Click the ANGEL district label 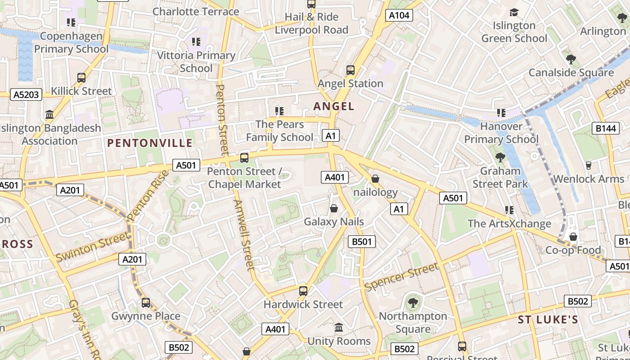point(334,106)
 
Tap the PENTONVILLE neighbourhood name point(150,143)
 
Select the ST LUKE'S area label point(548,320)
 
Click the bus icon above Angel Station point(350,70)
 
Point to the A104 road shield point(399,15)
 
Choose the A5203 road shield point(27,94)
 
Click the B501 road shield point(362,242)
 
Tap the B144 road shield point(605,129)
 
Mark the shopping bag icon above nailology point(375,179)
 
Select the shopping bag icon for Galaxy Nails point(334,208)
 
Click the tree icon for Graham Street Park point(500,157)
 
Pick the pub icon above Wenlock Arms point(588,165)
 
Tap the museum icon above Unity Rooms point(339,328)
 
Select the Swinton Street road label point(92,247)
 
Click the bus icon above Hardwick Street point(303,291)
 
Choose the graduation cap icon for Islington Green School point(514,12)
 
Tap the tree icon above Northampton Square point(413,302)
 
